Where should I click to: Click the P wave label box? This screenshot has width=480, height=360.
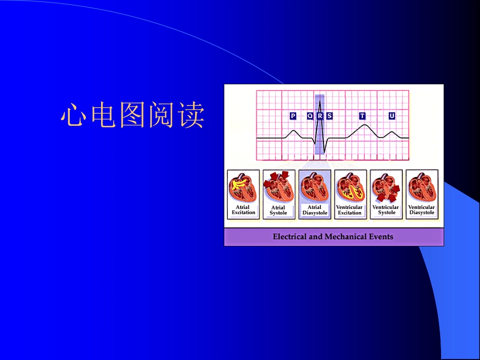click(293, 116)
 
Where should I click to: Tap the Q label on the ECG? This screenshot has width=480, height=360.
click(310, 116)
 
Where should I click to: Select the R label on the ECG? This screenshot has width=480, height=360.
click(319, 116)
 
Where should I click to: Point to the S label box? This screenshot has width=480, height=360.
click(329, 116)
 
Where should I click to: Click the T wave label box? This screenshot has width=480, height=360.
click(362, 116)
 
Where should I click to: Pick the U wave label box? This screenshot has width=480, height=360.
click(392, 116)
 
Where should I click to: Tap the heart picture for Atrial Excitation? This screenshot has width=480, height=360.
click(243, 188)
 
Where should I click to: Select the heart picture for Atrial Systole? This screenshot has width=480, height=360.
click(278, 188)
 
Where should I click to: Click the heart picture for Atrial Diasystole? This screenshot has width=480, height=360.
click(314, 188)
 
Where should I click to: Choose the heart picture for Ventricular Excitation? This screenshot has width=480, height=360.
click(350, 188)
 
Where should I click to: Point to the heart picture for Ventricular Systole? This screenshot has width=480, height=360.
click(386, 188)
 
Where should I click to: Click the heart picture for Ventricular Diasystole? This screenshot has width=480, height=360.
click(421, 188)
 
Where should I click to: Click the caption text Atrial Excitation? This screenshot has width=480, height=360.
click(243, 210)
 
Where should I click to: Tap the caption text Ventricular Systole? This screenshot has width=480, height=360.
click(386, 210)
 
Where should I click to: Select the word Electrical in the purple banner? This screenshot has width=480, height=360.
click(290, 236)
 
